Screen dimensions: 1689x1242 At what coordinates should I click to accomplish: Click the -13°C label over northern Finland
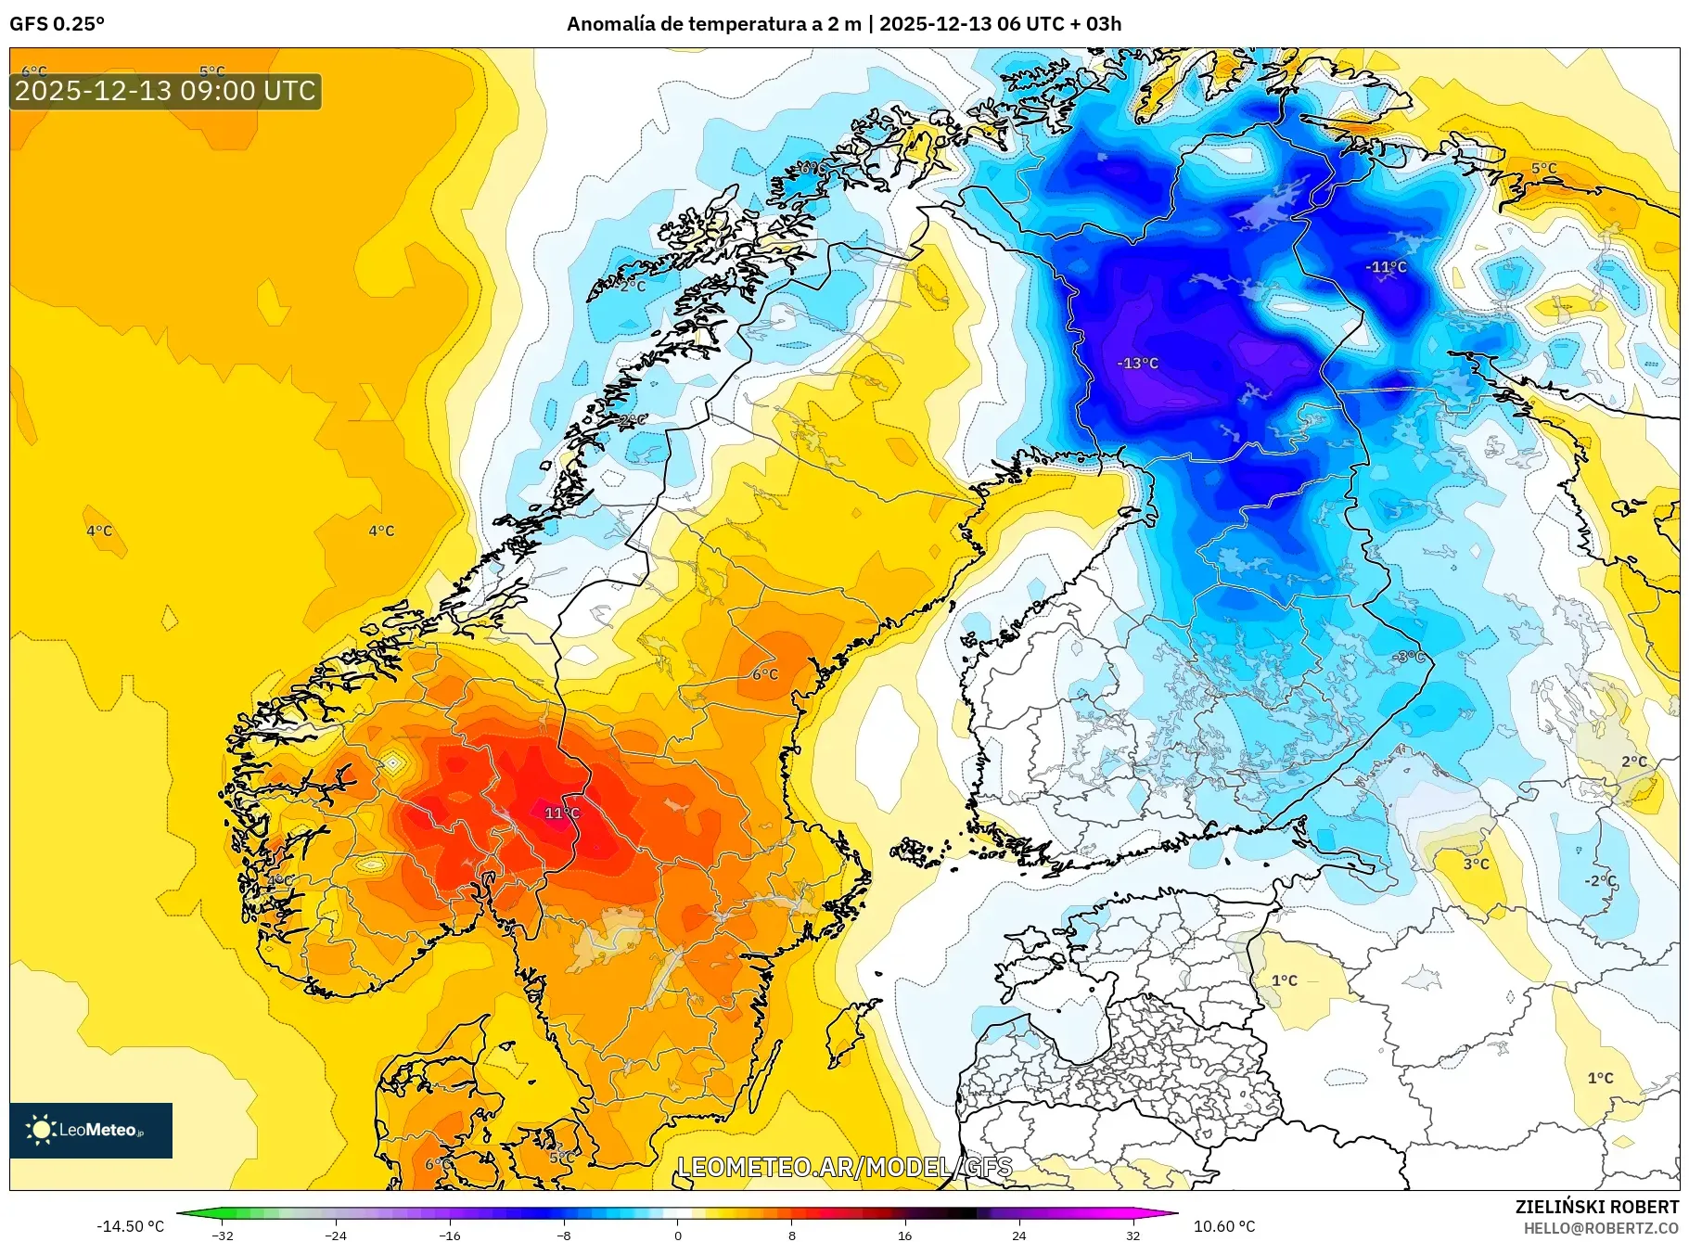click(x=1137, y=364)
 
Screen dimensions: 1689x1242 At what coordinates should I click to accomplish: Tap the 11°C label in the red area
click(x=562, y=813)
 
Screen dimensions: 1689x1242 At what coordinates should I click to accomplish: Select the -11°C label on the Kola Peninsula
click(x=1386, y=267)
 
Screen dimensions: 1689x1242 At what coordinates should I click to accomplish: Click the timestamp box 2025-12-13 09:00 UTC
click(x=166, y=91)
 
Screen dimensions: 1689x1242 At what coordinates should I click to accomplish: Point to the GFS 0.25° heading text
click(x=57, y=24)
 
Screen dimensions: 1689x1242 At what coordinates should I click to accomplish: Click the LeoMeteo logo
click(x=91, y=1130)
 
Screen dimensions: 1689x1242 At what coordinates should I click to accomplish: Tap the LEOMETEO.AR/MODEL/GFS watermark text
click(x=844, y=1167)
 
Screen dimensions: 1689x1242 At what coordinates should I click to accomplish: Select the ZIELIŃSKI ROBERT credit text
click(x=1596, y=1207)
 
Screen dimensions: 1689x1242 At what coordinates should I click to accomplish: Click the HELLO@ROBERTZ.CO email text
click(x=1601, y=1228)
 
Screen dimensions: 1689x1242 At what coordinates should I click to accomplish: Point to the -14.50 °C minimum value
click(x=130, y=1226)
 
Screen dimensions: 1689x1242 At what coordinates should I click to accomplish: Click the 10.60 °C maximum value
click(x=1223, y=1226)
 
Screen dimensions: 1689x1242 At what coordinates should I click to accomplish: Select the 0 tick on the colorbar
click(x=678, y=1236)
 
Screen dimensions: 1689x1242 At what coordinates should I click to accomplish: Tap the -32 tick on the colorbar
click(x=223, y=1236)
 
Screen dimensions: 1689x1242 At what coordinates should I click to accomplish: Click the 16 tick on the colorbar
click(x=904, y=1236)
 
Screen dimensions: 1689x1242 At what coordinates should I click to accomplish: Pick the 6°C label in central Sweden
click(x=765, y=674)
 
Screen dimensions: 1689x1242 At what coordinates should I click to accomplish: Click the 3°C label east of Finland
click(x=1476, y=864)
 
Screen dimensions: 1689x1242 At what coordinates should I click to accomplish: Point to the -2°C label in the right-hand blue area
click(x=1600, y=881)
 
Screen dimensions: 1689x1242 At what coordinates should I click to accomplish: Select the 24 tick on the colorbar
click(x=1018, y=1236)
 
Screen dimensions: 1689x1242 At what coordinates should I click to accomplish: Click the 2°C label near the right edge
click(x=1634, y=762)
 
